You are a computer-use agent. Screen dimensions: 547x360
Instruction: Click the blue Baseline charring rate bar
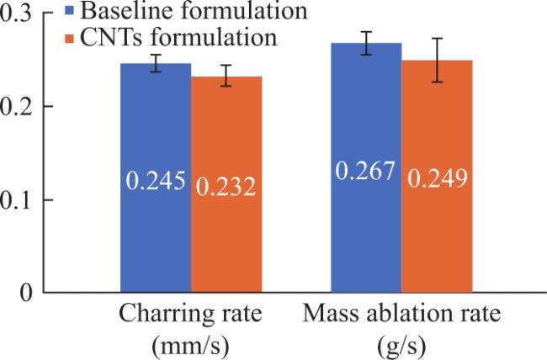point(156,177)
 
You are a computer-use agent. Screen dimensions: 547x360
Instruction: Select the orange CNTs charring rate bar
point(226,184)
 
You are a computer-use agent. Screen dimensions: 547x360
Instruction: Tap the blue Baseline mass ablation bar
point(366,167)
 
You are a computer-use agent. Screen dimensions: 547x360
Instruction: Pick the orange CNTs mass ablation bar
point(437,176)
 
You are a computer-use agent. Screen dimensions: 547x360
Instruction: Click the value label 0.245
point(156,181)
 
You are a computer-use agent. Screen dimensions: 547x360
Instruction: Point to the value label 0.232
point(226,187)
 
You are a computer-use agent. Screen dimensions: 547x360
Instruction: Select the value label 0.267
point(365,171)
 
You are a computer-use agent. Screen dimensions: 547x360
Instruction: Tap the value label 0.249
point(438,178)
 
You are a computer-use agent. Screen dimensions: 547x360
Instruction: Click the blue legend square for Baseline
point(70,10)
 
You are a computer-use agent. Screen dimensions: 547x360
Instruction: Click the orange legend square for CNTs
point(70,39)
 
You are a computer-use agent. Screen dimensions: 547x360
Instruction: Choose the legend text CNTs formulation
point(178,37)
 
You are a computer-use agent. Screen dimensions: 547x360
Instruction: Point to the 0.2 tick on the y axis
point(48,106)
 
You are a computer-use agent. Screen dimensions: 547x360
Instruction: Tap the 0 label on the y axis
point(26,293)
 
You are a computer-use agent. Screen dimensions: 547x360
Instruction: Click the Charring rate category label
point(190,313)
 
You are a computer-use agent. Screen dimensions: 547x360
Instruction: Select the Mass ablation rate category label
point(401,313)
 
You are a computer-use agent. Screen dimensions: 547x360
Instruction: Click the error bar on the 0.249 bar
point(437,60)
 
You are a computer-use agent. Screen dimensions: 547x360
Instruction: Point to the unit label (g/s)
point(402,346)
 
